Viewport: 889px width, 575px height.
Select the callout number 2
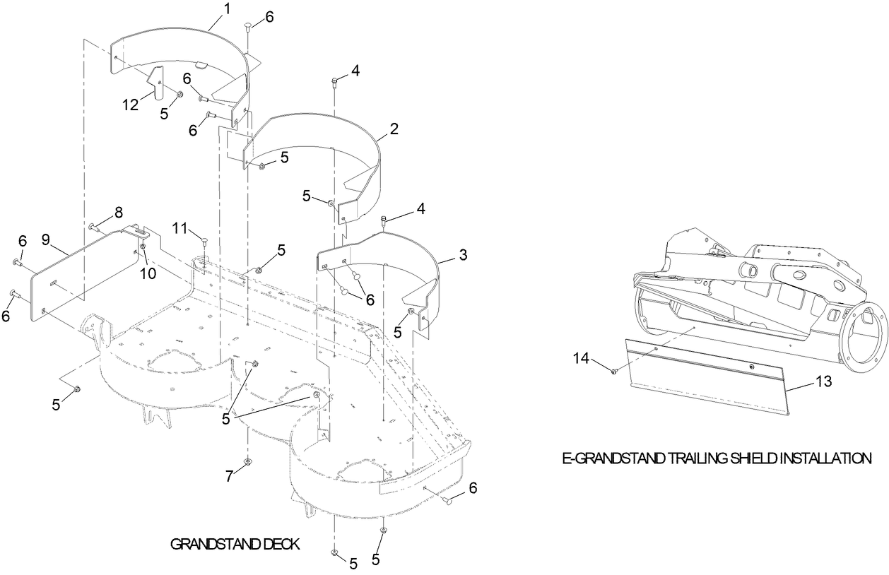click(x=394, y=129)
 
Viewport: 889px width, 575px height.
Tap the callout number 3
click(x=463, y=255)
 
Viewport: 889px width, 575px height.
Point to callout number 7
click(x=228, y=476)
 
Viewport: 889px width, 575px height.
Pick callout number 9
click(x=45, y=239)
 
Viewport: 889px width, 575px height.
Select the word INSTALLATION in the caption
click(x=820, y=458)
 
